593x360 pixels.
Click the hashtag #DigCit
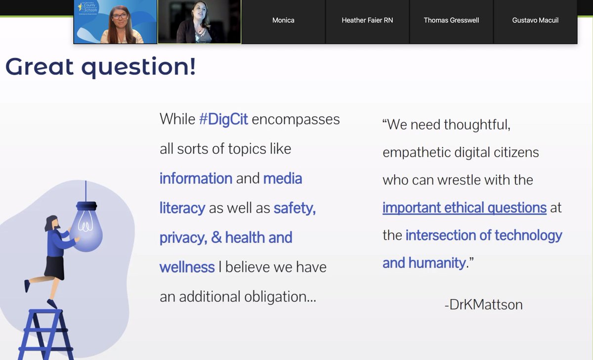click(223, 120)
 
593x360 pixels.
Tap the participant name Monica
click(283, 21)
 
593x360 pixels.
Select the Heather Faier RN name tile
click(367, 21)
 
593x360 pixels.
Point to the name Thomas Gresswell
click(451, 21)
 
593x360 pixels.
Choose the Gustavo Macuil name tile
click(535, 21)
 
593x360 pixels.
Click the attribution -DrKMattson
click(483, 304)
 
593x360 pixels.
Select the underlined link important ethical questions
click(464, 208)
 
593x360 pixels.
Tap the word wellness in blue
click(187, 267)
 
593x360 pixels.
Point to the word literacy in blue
click(182, 208)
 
